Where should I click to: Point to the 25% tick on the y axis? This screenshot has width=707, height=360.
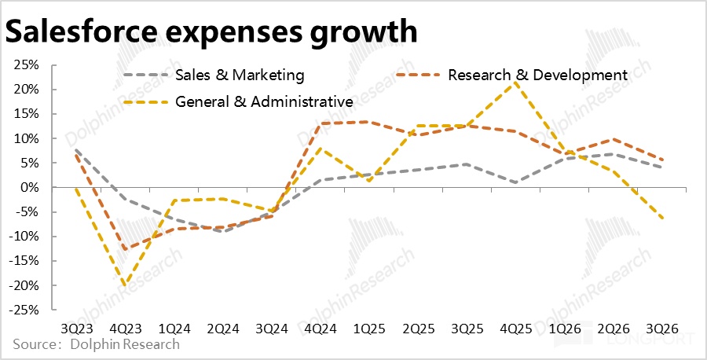coord(28,65)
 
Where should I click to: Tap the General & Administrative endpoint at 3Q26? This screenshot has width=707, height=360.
coord(664,218)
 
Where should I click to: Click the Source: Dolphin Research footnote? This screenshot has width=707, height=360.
coord(97,345)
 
